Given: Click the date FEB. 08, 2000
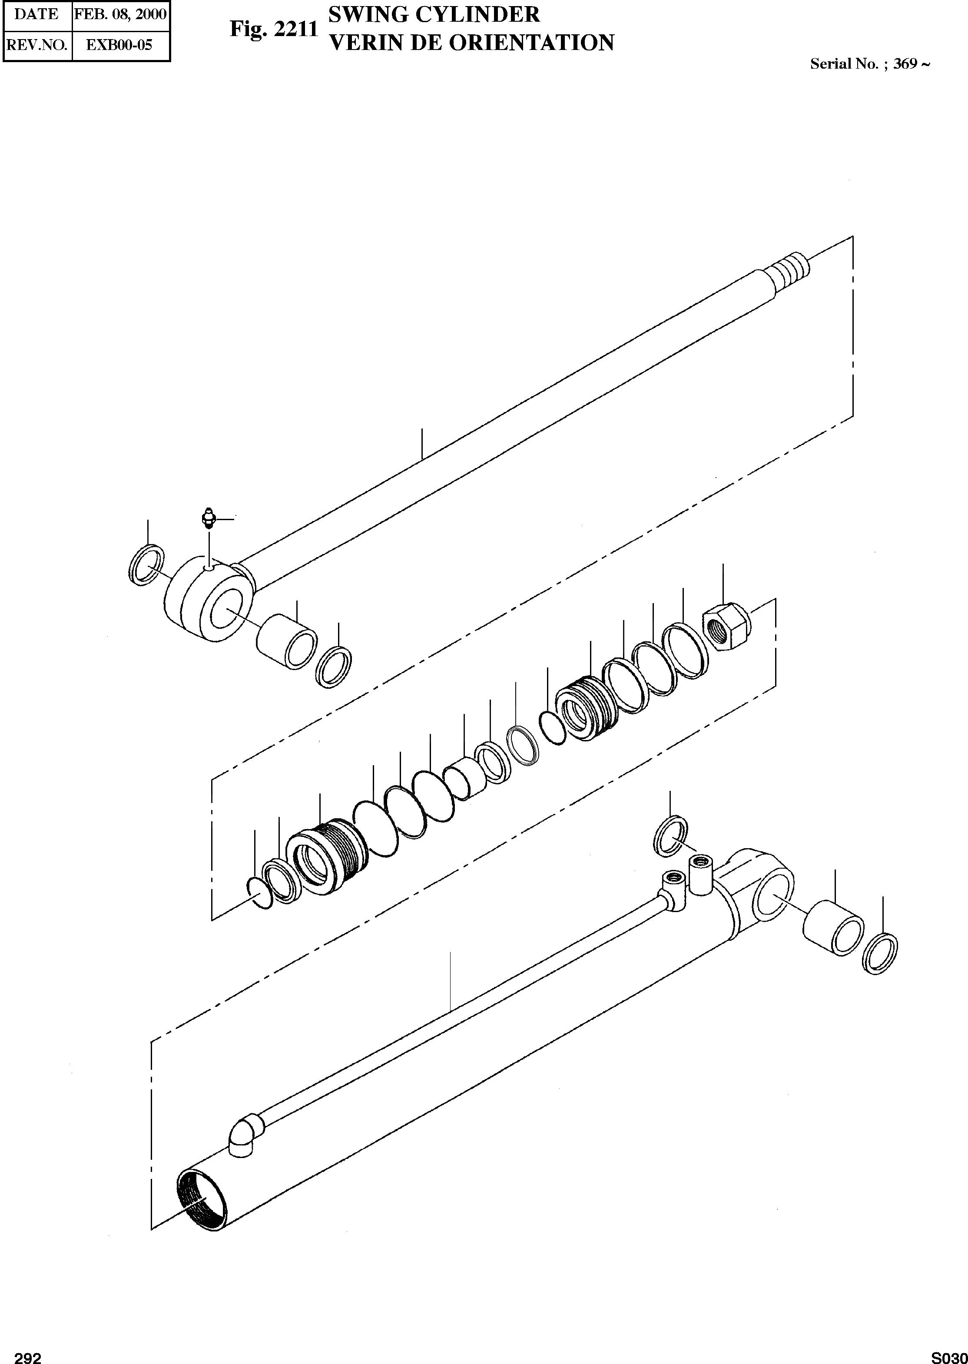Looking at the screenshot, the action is pyautogui.click(x=120, y=14).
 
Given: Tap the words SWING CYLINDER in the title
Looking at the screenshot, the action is pyautogui.click(x=434, y=14).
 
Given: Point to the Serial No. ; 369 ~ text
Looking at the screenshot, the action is pyautogui.click(x=870, y=64).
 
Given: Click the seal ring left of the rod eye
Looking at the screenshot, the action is pyautogui.click(x=146, y=564).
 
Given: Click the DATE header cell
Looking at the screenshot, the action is pyautogui.click(x=36, y=14).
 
